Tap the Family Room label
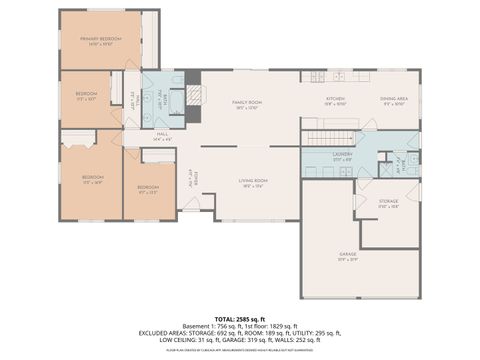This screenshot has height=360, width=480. point(247,104)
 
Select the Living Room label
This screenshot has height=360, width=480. point(252,183)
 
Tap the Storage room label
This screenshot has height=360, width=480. point(388,203)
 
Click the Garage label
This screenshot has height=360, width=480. point(348,256)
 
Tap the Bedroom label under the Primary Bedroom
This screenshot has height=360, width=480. point(86,97)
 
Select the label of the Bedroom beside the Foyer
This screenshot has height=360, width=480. point(148,190)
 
